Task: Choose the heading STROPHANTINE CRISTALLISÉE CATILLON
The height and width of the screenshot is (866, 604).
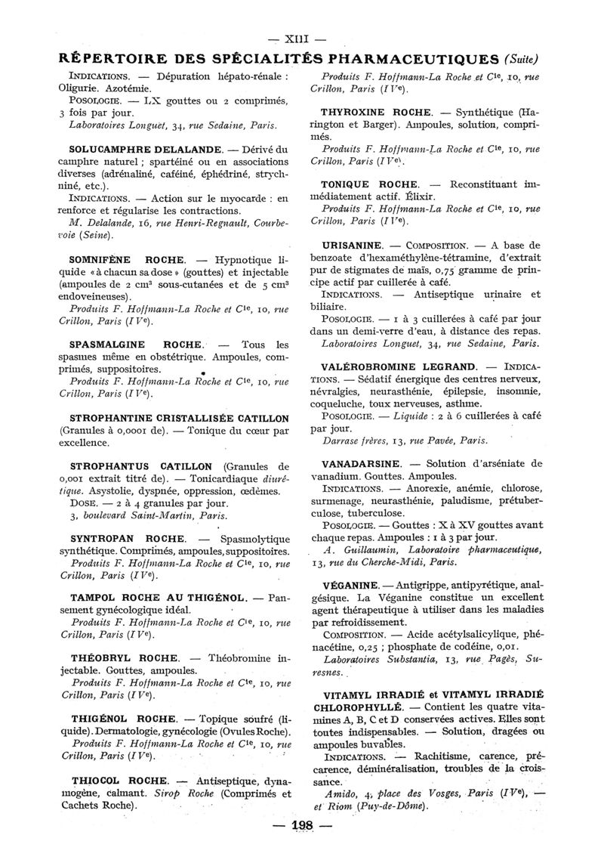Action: click(179, 418)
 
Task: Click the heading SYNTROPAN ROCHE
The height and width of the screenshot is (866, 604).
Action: click(128, 538)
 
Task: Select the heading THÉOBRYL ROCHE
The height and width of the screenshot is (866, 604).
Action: click(125, 657)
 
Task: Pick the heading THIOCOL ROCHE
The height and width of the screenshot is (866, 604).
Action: click(119, 780)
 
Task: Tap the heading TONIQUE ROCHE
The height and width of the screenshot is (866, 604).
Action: click(359, 184)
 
